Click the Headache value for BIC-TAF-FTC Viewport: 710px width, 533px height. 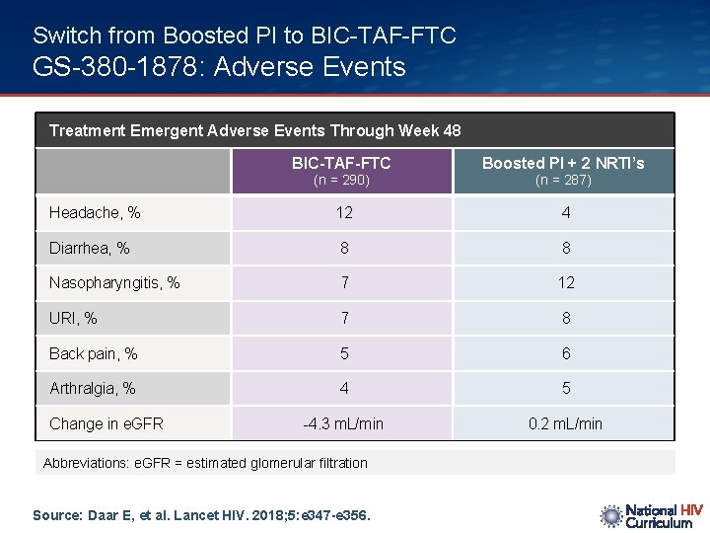coord(343,213)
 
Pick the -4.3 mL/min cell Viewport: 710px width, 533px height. coord(343,423)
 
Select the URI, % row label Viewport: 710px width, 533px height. coord(74,319)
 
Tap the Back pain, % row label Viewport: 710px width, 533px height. coord(94,353)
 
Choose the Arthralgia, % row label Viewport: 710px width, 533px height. coord(93,389)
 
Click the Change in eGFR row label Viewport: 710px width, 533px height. coord(106,423)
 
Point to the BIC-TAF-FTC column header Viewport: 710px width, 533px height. coord(341,163)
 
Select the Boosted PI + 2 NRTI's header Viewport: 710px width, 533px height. coord(563,163)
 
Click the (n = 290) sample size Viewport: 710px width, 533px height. coord(341,181)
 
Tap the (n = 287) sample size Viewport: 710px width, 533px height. coord(563,181)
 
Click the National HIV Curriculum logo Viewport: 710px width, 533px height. coord(651,516)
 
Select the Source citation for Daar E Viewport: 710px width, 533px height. coord(202,514)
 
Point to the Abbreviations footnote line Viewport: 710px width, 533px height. coord(205,463)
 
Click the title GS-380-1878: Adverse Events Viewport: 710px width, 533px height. coord(219,67)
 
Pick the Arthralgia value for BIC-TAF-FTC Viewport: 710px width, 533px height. coord(343,389)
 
